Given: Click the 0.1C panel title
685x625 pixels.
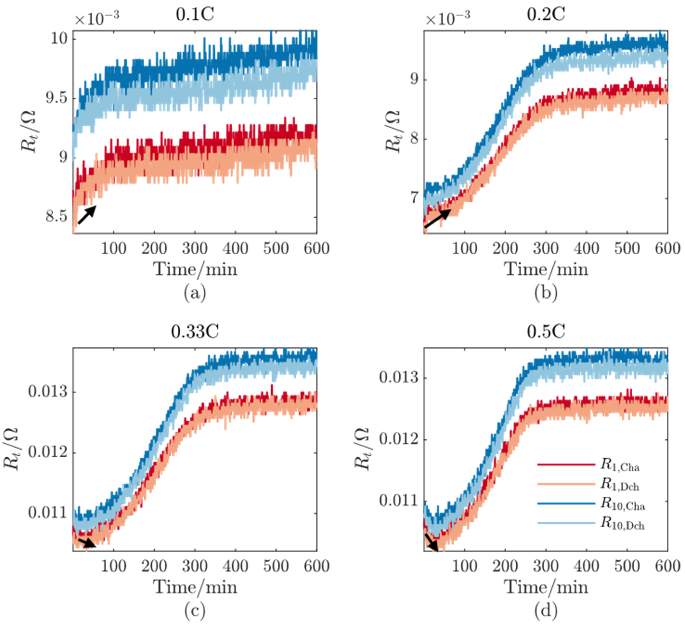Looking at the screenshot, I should click(195, 15).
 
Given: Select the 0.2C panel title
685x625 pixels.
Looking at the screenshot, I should click(546, 15).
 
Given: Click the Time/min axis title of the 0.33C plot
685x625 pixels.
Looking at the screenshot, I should click(195, 587).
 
